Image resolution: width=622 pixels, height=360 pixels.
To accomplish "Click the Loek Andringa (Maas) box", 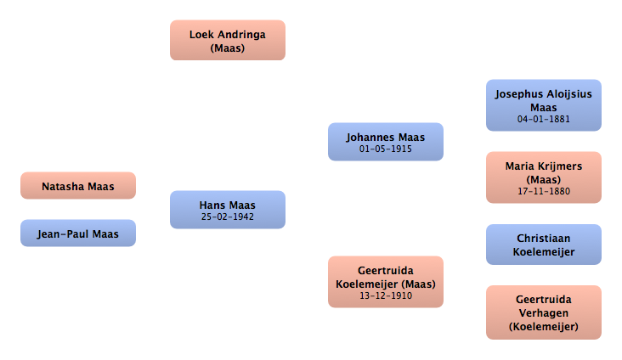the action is coord(228,40).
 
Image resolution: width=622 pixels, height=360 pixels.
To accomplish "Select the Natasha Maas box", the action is coord(78,186).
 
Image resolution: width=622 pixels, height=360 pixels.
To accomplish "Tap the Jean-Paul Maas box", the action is coord(78,233).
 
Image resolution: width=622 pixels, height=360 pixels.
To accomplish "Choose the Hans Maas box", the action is coord(228,210).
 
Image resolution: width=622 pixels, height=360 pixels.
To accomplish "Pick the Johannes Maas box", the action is coord(386,142).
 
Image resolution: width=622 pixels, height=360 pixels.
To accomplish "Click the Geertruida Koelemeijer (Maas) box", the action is coord(386,282).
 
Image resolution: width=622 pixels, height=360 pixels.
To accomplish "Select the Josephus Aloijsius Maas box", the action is coord(544,105).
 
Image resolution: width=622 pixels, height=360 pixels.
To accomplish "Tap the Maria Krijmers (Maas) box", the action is coord(544,177).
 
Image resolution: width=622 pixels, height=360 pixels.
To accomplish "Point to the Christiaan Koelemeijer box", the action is coord(544,245).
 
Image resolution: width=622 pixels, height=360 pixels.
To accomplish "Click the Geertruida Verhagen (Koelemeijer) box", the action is coord(544,312).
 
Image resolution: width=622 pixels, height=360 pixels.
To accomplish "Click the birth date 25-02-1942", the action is coord(227,217).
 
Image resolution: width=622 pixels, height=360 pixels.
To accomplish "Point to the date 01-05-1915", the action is coord(386,149).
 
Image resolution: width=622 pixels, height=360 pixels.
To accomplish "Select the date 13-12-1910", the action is coord(386,295).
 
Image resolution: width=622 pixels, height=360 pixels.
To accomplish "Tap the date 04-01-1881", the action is coord(544,119).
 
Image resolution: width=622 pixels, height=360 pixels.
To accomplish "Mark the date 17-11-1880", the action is coord(544,191).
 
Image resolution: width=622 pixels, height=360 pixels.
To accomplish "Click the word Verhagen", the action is coord(544,313).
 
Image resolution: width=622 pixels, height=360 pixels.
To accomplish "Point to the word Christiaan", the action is coord(544,239).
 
